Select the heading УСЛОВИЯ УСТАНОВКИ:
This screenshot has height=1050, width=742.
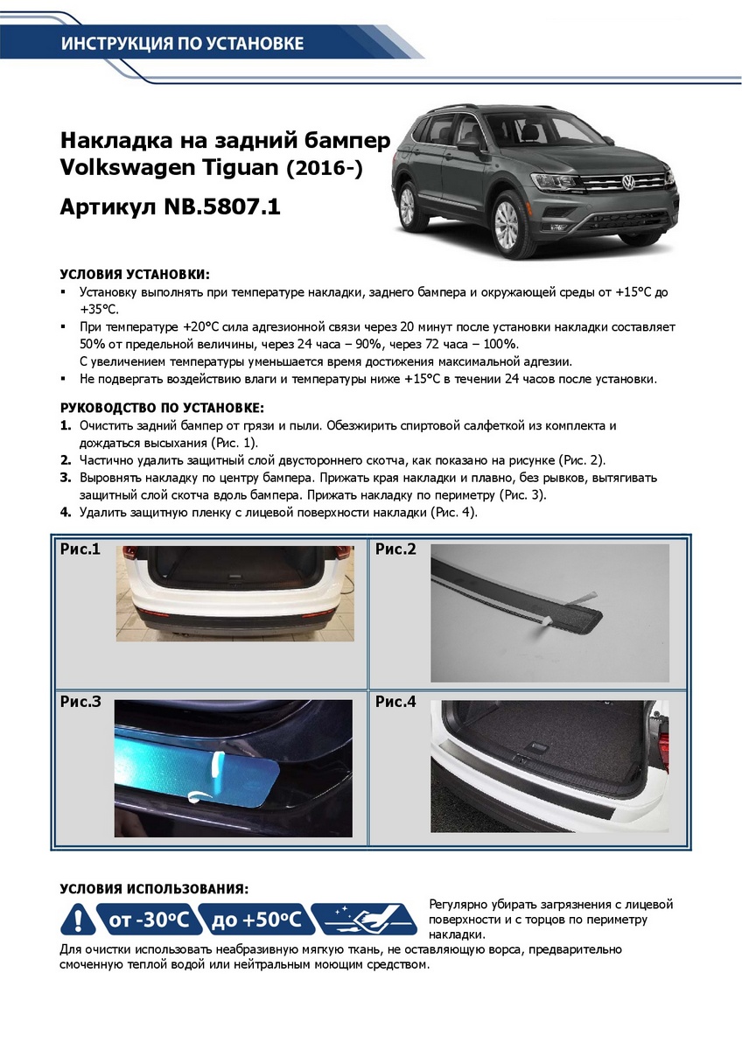click(x=135, y=274)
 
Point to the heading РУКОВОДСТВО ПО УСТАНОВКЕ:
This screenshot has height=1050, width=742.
click(x=162, y=409)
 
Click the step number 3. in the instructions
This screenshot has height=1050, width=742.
click(x=66, y=479)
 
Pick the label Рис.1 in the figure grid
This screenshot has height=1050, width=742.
click(x=80, y=549)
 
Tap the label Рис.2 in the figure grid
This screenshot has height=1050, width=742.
click(x=395, y=549)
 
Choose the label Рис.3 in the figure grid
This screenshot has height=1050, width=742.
click(x=80, y=701)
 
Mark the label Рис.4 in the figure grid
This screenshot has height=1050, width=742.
click(x=395, y=701)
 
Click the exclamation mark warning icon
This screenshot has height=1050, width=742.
click(x=79, y=920)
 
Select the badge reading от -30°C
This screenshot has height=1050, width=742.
click(x=147, y=920)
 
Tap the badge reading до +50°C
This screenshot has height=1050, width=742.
click(x=255, y=920)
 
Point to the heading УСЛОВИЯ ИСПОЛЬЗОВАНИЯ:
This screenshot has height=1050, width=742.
click(x=154, y=888)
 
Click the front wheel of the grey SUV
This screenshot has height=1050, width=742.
click(x=508, y=224)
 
